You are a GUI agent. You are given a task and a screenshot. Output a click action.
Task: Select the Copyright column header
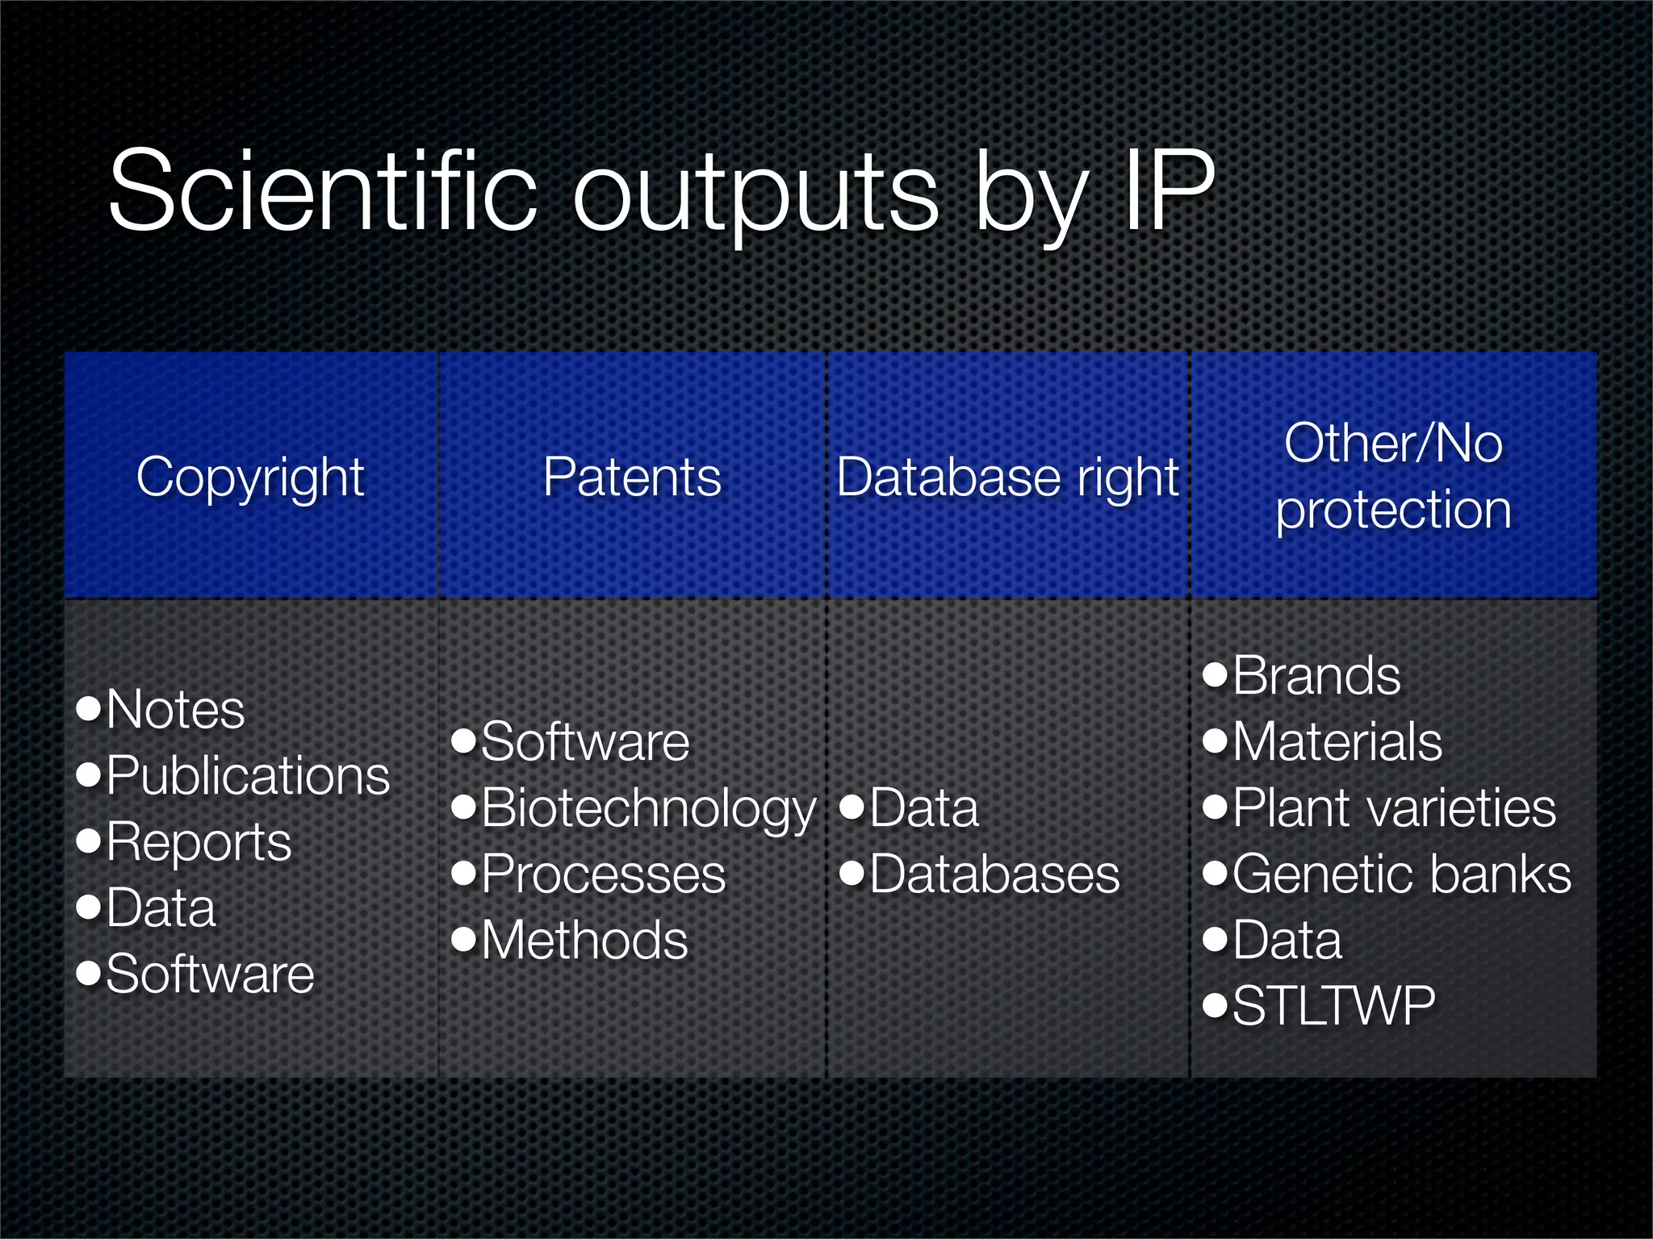tap(250, 477)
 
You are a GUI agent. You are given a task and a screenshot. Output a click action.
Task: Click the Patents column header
tap(632, 477)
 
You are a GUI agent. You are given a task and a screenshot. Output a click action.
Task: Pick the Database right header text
tap(1007, 477)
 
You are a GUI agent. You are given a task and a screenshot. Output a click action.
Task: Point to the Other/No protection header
tap(1393, 477)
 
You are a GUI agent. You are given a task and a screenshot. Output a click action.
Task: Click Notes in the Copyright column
tap(175, 710)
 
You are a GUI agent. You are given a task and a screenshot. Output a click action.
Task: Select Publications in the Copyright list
tap(248, 776)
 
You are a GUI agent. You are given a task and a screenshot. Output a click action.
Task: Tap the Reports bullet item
tap(199, 842)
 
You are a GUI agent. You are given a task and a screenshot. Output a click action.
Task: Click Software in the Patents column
tap(585, 742)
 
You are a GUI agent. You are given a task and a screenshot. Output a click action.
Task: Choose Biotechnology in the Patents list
tap(649, 808)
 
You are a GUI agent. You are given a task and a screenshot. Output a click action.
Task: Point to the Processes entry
tap(604, 874)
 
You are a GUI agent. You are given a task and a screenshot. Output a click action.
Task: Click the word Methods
tap(584, 941)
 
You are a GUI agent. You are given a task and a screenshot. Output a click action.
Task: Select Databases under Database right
tap(994, 874)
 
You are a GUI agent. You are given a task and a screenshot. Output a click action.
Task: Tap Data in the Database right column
tap(924, 808)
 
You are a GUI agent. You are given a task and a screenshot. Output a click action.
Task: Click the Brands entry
tap(1316, 676)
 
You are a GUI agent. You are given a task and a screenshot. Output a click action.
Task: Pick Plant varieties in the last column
tap(1394, 808)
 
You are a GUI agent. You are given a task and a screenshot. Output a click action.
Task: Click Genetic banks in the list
tap(1402, 874)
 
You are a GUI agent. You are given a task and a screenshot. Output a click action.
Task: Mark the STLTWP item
tap(1333, 1007)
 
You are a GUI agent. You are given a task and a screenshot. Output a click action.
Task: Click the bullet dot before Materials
tap(1215, 740)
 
